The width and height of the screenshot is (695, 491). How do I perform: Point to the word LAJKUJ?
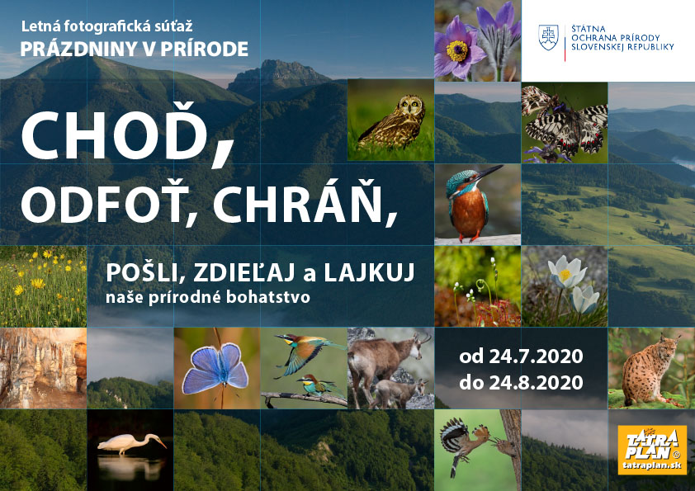click(x=369, y=272)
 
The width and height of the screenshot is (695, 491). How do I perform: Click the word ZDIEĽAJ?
click(x=244, y=271)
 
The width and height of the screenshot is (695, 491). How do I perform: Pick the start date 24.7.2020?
click(x=536, y=356)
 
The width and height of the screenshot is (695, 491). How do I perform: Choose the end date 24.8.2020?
click(x=536, y=382)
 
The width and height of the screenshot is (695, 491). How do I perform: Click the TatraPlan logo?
click(x=652, y=450)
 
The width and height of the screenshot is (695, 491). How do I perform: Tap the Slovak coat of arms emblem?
click(x=548, y=37)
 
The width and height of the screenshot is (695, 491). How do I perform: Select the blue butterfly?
click(x=216, y=369)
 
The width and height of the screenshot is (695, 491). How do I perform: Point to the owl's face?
click(x=410, y=106)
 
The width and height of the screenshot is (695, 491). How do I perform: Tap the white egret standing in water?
click(x=131, y=443)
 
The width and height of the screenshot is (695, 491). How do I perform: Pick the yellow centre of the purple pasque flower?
click(x=457, y=51)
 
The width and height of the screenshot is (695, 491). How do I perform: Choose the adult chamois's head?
click(x=418, y=345)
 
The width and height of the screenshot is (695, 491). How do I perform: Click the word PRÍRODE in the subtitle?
click(x=205, y=50)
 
